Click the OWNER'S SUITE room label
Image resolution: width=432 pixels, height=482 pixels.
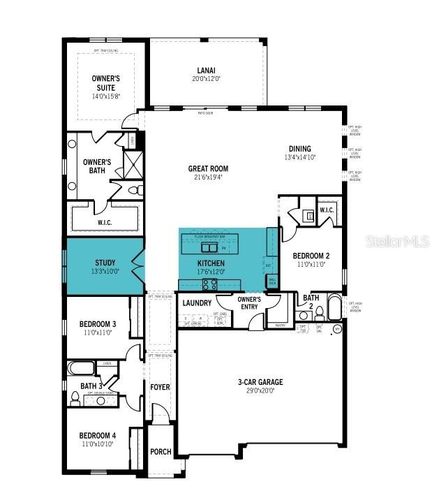click(106, 83)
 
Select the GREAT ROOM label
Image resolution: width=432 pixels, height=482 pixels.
click(208, 168)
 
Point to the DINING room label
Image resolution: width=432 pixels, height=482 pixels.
click(300, 149)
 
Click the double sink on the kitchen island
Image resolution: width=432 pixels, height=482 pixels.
click(209, 247)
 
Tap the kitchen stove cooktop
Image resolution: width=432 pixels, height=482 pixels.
click(209, 284)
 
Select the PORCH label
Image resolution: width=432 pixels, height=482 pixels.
click(161, 452)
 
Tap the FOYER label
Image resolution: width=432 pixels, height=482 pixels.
click(161, 386)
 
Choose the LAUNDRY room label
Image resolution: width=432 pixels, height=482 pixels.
click(197, 303)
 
